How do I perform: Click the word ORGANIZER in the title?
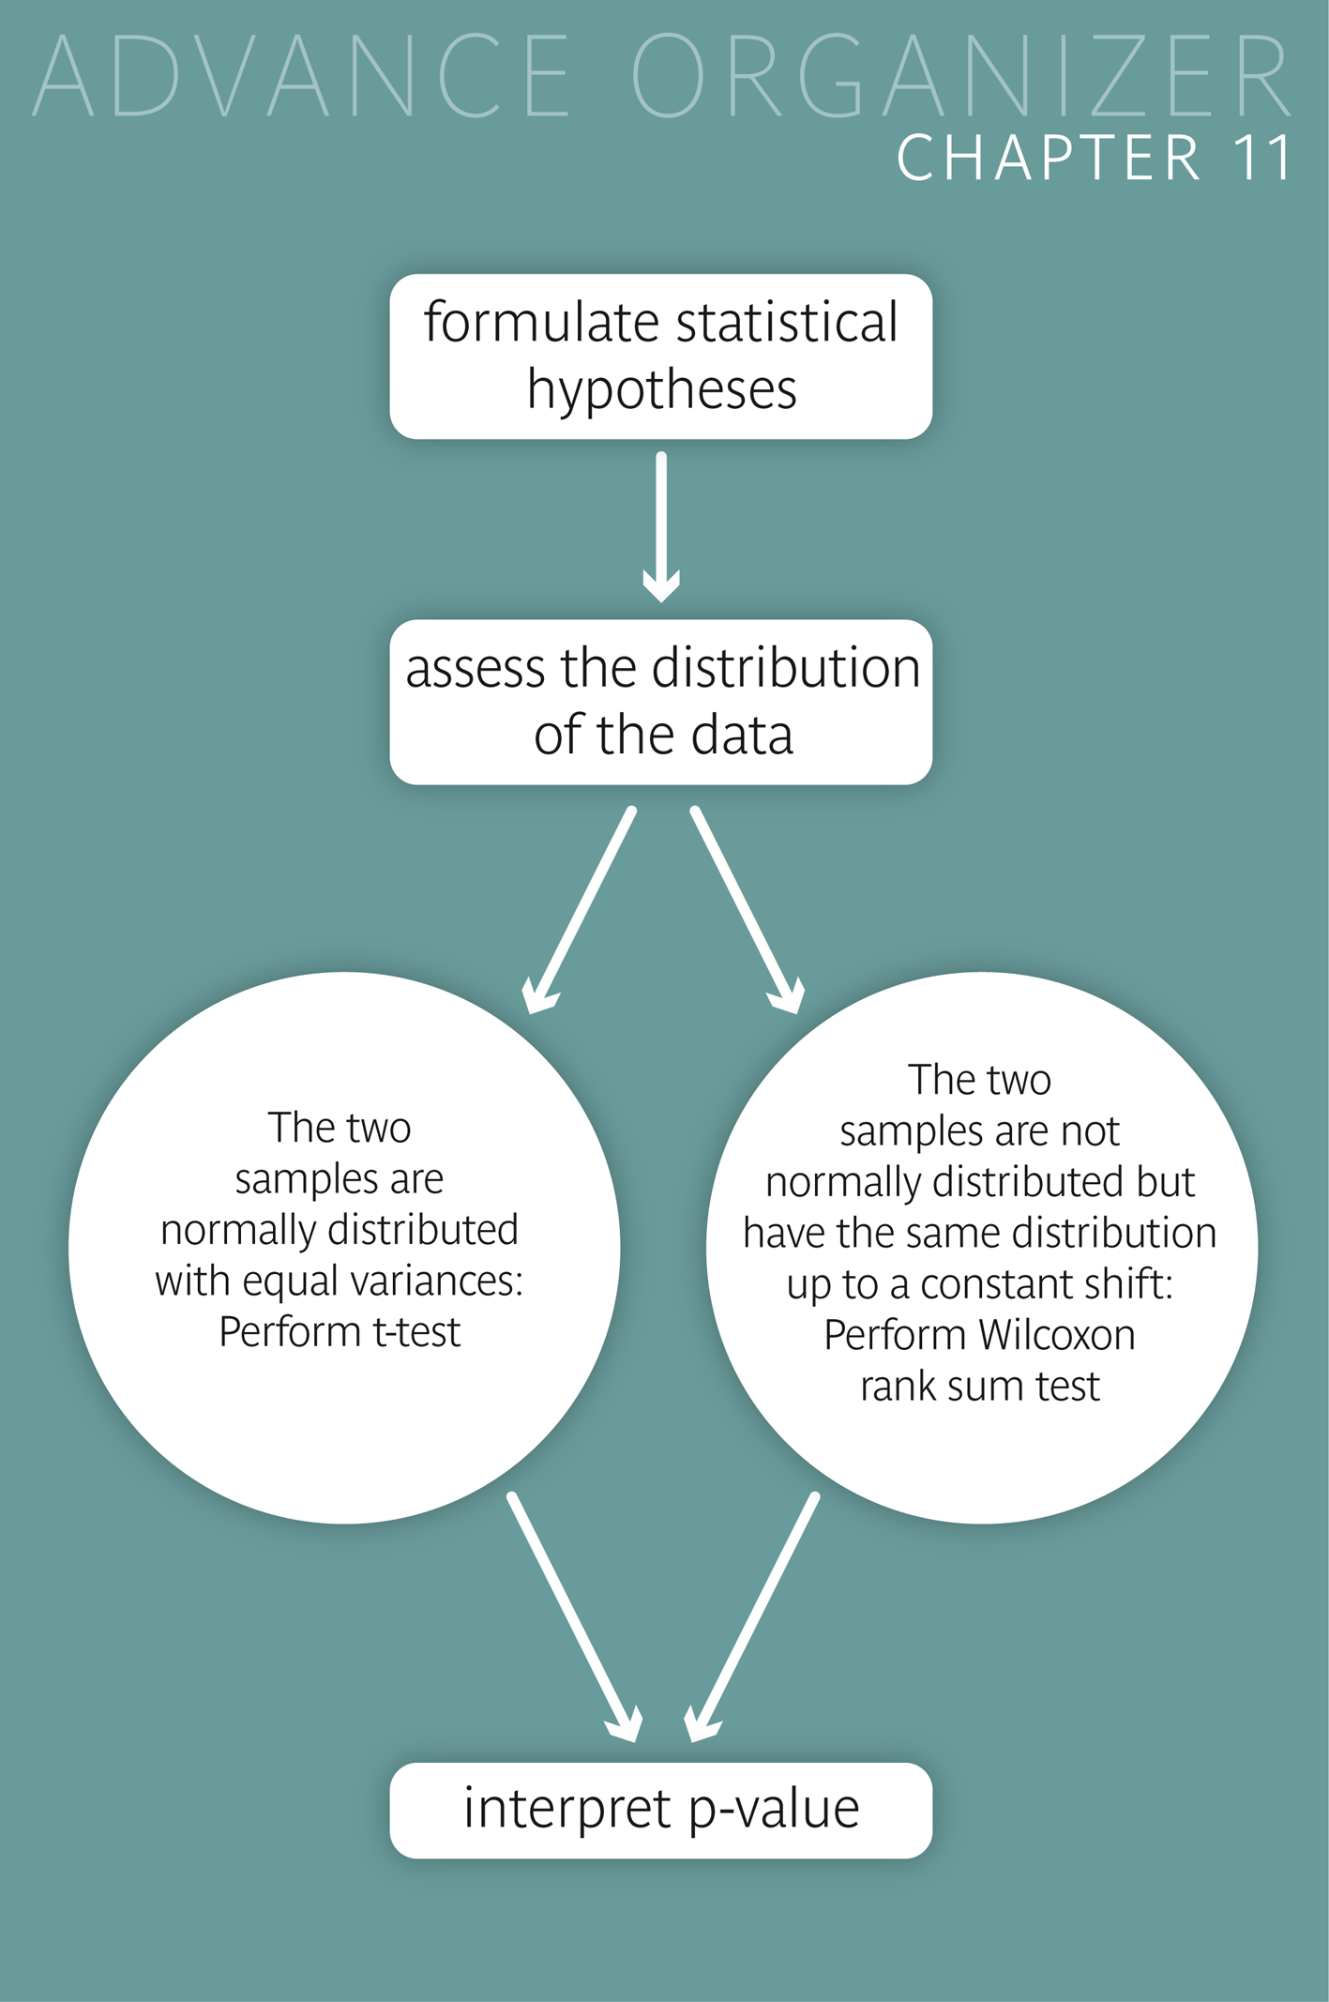click(x=961, y=76)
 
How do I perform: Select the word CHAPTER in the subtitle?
click(x=1049, y=158)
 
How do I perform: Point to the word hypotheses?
click(x=661, y=389)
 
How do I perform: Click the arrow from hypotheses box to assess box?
click(x=661, y=525)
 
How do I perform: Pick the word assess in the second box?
click(x=475, y=669)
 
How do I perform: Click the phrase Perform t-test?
click(x=340, y=1332)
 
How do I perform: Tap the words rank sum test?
click(x=979, y=1387)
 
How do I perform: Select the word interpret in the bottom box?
click(x=567, y=1809)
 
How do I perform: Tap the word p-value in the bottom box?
click(x=775, y=1809)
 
